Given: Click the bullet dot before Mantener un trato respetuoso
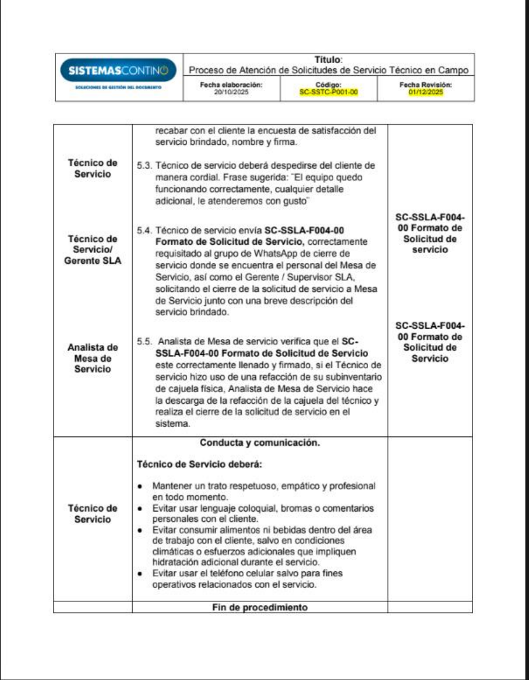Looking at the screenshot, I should point(140,486).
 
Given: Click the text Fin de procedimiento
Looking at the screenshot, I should point(259,607).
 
